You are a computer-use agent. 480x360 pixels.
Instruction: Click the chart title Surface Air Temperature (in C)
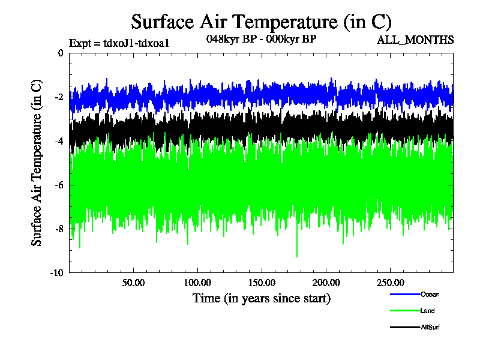(x=261, y=22)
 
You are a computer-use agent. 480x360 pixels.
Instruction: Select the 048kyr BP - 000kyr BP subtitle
(x=261, y=39)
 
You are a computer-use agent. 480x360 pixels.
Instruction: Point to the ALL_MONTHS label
(x=415, y=40)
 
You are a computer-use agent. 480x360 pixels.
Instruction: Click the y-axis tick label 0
(x=61, y=53)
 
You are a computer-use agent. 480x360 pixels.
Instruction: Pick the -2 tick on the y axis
(x=59, y=97)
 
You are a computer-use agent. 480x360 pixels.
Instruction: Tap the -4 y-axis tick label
(x=59, y=141)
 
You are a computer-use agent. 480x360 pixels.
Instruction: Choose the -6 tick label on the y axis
(x=59, y=185)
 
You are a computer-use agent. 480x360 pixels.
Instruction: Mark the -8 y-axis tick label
(x=59, y=229)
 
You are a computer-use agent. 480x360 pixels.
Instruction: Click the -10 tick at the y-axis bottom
(x=57, y=272)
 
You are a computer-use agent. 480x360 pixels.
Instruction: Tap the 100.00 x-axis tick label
(x=197, y=283)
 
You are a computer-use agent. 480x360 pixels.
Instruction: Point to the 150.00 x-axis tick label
(x=261, y=283)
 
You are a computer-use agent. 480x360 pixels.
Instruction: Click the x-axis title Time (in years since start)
(x=261, y=298)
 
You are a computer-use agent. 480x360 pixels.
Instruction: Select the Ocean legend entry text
(x=430, y=294)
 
